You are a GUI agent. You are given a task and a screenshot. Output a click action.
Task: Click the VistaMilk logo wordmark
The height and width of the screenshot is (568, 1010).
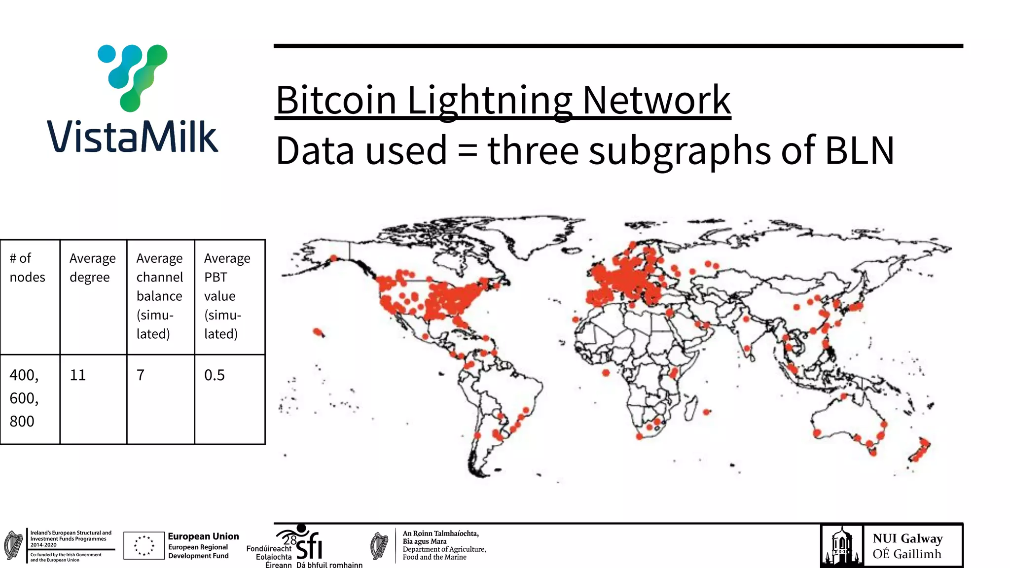[132, 136]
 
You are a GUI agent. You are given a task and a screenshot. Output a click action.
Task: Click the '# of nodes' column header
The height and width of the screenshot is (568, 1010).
[27, 268]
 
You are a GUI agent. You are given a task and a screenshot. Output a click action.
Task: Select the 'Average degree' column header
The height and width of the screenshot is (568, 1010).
[93, 268]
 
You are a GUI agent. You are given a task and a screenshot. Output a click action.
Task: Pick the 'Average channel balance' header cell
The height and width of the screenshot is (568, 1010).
[159, 296]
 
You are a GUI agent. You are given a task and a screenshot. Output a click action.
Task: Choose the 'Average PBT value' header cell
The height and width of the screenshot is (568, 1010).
[227, 296]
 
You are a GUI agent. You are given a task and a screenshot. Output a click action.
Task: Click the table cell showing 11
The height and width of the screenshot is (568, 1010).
[78, 375]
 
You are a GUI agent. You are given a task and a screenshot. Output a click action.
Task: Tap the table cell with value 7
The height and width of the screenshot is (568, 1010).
[141, 375]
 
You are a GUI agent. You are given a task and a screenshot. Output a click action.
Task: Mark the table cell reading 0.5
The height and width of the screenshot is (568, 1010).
[215, 375]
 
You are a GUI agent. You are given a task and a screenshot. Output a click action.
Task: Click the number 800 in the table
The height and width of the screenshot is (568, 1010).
[22, 422]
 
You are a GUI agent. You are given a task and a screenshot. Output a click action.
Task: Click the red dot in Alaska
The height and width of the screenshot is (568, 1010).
[334, 258]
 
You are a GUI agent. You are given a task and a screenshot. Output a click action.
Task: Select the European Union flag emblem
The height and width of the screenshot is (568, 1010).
[144, 545]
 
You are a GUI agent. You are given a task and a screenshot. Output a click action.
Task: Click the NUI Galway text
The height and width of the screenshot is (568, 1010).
[907, 538]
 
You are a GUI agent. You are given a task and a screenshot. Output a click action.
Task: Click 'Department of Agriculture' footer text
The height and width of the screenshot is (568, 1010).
[444, 549]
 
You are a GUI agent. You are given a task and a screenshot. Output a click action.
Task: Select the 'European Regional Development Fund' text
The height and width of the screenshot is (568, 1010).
[198, 551]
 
